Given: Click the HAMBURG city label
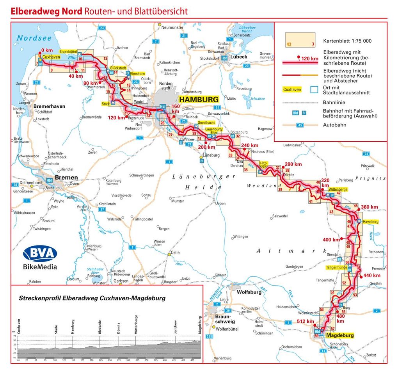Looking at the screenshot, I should tap(199, 100).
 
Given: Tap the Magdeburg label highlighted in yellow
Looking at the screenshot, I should tap(340, 335).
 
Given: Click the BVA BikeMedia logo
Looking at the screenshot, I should tap(40, 258).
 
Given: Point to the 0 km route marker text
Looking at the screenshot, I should tap(46, 50).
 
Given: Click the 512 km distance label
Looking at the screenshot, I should tap(305, 322).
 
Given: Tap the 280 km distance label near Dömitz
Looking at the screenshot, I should tap(293, 164).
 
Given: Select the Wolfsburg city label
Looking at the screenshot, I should tap(249, 292).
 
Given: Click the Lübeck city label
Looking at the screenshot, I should tap(239, 57).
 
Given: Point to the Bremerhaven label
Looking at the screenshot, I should tap(49, 106).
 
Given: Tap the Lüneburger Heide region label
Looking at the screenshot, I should tap(204, 182).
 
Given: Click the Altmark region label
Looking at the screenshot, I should tap(291, 251).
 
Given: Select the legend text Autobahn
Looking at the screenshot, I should tap(334, 125).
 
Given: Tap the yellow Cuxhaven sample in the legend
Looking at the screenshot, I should tap(292, 89).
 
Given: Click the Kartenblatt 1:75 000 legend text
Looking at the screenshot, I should tap(347, 41).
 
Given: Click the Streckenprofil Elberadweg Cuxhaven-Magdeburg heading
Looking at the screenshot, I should tap(92, 298).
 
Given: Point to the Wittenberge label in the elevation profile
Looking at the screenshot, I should tap(136, 324).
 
